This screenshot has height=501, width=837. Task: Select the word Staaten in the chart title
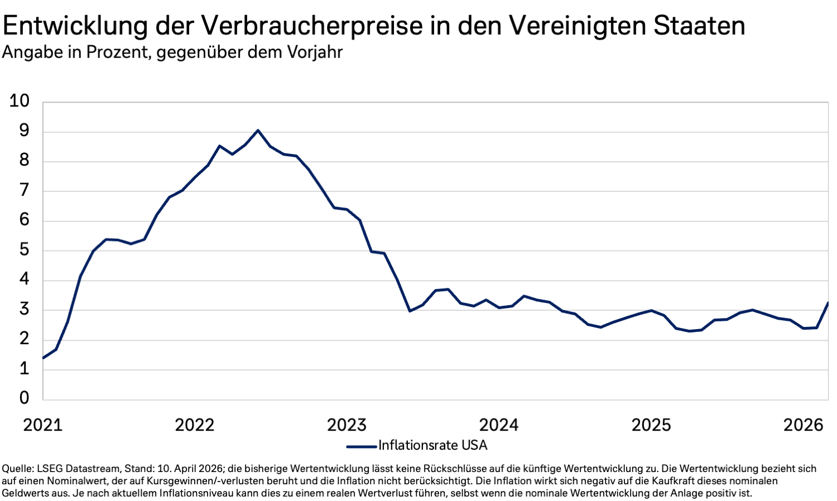click(699, 26)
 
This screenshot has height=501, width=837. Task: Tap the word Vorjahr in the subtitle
click(315, 52)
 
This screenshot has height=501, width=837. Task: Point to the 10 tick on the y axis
click(20, 101)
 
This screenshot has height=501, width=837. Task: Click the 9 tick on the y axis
click(24, 131)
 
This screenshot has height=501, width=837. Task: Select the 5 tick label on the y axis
click(24, 250)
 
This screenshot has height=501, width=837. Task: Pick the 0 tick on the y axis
click(24, 398)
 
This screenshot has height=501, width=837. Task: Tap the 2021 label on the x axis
click(43, 425)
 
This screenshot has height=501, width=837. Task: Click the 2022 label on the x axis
click(195, 425)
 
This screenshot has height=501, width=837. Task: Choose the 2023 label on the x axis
click(347, 425)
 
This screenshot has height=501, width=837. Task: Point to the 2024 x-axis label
click(499, 425)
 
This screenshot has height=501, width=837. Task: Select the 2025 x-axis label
click(651, 425)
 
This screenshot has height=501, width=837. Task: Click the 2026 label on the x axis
click(803, 425)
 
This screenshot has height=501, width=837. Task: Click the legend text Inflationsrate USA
click(433, 445)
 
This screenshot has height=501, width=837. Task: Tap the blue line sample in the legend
click(362, 446)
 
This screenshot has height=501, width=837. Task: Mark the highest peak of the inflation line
click(258, 130)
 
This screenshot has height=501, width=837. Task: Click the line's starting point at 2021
click(44, 358)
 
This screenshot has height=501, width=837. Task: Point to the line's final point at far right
click(828, 303)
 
